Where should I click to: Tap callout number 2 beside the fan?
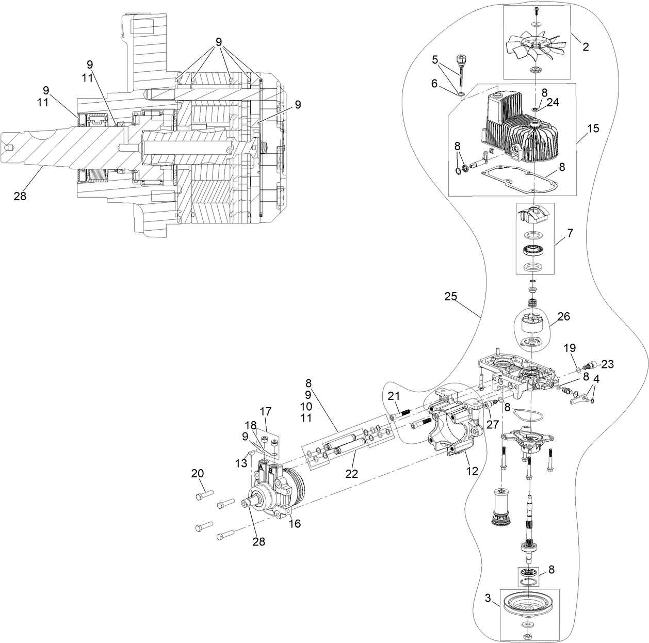point(585,47)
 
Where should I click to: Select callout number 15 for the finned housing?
point(593,128)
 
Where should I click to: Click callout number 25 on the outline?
point(450,297)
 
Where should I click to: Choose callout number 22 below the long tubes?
point(351,474)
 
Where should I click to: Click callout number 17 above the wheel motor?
point(266,412)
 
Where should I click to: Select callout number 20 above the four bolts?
point(198,473)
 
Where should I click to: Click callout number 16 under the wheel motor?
point(295,523)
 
